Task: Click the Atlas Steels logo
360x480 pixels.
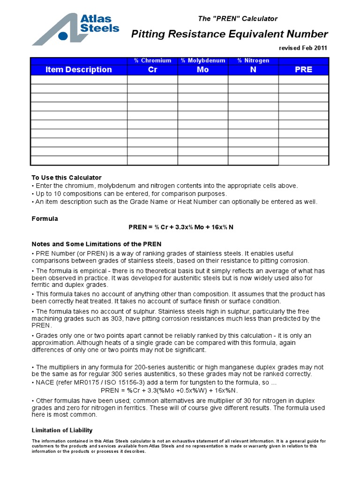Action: tap(75, 29)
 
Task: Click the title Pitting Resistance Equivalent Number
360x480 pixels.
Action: tap(229, 34)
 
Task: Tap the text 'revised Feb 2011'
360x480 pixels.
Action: tap(303, 48)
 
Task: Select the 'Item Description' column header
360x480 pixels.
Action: tap(79, 69)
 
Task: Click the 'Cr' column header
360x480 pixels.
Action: tap(152, 69)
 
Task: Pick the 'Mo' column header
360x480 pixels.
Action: tap(202, 69)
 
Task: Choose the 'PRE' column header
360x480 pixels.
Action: tap(303, 69)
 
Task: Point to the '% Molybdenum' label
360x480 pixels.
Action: tap(203, 60)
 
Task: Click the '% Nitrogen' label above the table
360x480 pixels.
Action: tap(253, 60)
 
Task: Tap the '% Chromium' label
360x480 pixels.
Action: tap(152, 60)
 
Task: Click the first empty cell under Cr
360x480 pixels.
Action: tap(152, 80)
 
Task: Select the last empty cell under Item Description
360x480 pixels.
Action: tap(79, 160)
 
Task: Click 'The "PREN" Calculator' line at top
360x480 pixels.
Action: tap(238, 19)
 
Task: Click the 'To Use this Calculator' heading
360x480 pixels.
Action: tap(66, 178)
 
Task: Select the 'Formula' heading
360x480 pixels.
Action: tap(45, 218)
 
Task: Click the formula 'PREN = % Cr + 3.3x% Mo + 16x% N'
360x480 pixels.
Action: tap(181, 227)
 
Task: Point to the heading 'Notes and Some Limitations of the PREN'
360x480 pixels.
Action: tap(96, 244)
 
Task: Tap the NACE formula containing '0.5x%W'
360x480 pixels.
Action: tap(169, 390)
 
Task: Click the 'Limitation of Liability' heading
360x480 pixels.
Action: tap(62, 430)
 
